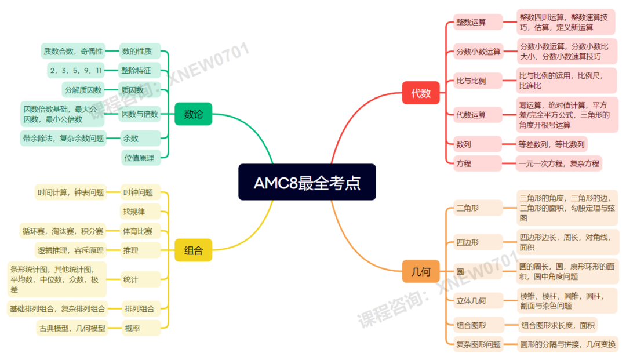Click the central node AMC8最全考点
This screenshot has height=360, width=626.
pyautogui.click(x=307, y=183)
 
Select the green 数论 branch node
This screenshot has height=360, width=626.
pyautogui.click(x=194, y=114)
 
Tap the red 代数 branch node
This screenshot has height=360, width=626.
pyautogui.click(x=421, y=93)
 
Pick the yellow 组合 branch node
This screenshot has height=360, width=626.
pyautogui.click(x=194, y=251)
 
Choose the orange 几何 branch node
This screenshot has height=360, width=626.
pyautogui.click(x=421, y=272)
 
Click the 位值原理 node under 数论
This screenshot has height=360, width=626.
pyautogui.click(x=139, y=158)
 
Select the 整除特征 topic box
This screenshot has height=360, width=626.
pyautogui.click(x=137, y=71)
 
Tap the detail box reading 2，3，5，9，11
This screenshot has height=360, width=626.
pyautogui.click(x=76, y=71)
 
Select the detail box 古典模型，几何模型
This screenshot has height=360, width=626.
pyautogui.click(x=72, y=329)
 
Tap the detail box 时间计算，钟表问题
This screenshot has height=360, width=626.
pyautogui.click(x=71, y=192)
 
